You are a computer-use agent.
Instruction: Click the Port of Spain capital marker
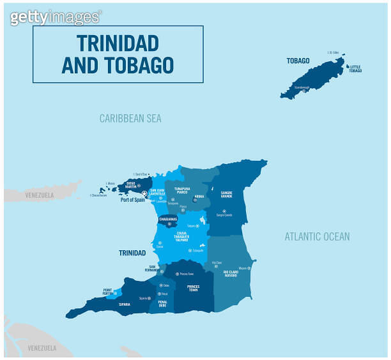point(144,193)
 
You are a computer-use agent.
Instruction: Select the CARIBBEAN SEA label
point(130,119)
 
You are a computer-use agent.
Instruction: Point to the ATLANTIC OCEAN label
point(317,237)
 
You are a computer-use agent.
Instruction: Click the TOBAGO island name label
point(298,61)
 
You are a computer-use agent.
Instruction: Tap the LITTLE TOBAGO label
point(355,69)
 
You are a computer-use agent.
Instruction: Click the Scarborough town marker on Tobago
point(304,91)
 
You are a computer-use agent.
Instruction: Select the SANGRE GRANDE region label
point(226,195)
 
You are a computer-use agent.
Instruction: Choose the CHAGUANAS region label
point(169,218)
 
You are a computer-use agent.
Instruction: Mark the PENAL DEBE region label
point(163,304)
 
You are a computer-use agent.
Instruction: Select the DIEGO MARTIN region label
point(131,185)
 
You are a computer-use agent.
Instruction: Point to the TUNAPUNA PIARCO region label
point(182,191)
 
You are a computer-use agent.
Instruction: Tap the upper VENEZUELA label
point(40,195)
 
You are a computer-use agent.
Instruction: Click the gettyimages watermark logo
point(55,17)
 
